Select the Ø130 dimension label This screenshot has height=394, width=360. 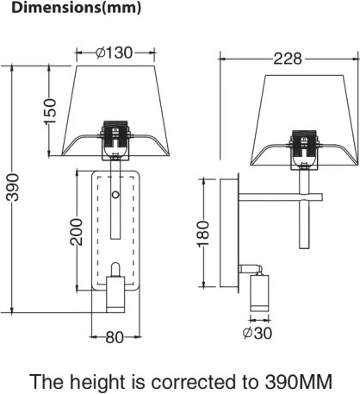[114, 52]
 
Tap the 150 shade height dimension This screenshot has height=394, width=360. [51, 109]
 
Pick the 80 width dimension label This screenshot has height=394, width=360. [115, 337]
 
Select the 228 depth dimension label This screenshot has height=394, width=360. [287, 59]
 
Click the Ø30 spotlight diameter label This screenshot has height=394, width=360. [258, 332]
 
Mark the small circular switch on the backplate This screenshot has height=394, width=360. [115, 197]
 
